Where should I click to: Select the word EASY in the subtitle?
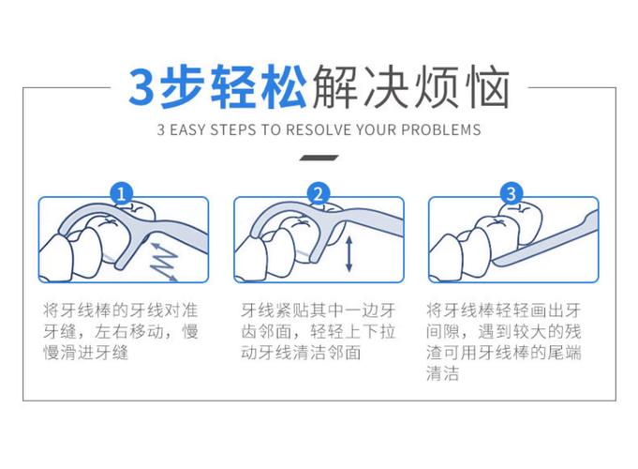(198, 129)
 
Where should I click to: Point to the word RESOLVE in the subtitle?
(316, 129)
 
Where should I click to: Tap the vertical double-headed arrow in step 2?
(349, 254)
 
